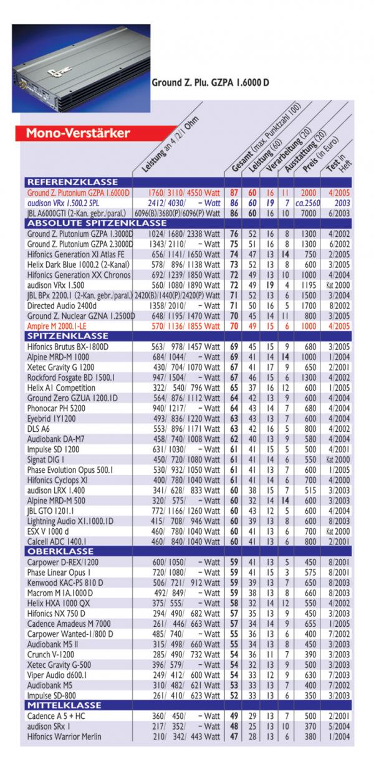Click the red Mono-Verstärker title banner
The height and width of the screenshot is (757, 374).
click(79, 133)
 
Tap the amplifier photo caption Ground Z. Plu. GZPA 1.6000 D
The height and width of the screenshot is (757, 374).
click(211, 82)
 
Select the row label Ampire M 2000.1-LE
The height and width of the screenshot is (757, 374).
click(64, 325)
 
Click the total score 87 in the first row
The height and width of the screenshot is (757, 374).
click(234, 193)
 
